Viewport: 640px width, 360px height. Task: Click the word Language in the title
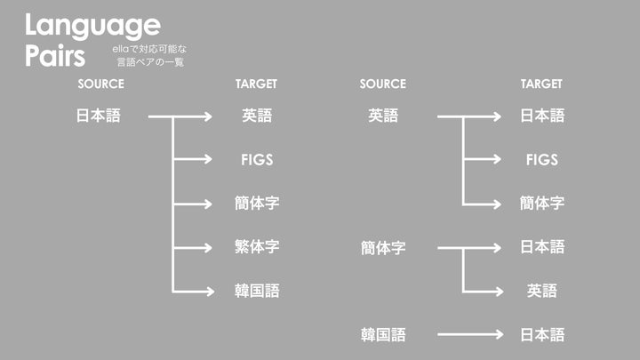92,25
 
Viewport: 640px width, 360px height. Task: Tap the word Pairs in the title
55,55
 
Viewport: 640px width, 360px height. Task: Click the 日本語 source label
98,116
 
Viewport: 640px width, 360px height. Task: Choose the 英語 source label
383,116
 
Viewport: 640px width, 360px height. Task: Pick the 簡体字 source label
383,248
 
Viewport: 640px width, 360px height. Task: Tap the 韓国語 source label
383,335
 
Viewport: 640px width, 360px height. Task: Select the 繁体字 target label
257,247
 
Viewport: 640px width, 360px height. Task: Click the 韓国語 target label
257,291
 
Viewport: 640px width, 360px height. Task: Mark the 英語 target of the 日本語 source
257,116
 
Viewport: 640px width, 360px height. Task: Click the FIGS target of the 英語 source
542,160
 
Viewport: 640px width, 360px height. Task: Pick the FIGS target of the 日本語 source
257,160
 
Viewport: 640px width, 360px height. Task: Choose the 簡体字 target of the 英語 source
542,204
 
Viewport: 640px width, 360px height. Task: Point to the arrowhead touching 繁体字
207,247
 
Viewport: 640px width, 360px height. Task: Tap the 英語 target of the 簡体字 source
542,291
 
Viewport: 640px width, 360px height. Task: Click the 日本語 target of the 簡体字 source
542,247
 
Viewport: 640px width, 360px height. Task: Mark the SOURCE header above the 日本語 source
101,84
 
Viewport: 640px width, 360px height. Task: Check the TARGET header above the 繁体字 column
257,84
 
